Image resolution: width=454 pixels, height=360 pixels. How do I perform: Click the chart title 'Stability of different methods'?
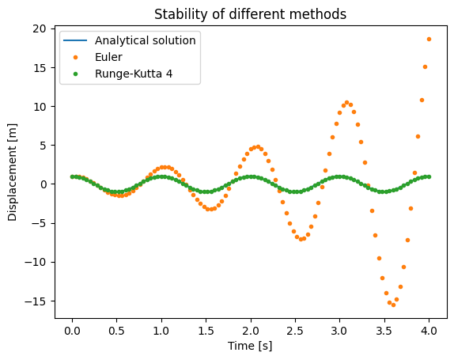pyautogui.click(x=250, y=14)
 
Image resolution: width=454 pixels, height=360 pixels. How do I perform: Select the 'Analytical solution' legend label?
pyautogui.click(x=146, y=40)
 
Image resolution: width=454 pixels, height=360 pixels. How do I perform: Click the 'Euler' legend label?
pyautogui.click(x=108, y=57)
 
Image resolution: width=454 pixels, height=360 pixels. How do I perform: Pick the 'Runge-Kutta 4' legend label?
pyautogui.click(x=134, y=74)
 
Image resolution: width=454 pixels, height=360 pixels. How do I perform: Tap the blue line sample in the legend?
pyautogui.click(x=75, y=40)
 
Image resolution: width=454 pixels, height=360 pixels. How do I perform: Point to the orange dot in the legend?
pyautogui.click(x=76, y=57)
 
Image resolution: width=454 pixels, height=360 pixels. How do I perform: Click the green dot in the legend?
pyautogui.click(x=76, y=74)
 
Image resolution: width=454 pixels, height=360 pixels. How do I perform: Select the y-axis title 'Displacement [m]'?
pyautogui.click(x=12, y=172)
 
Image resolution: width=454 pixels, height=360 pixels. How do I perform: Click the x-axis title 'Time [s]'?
pyautogui.click(x=250, y=346)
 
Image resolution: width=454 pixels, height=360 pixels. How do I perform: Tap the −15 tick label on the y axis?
pyautogui.click(x=36, y=301)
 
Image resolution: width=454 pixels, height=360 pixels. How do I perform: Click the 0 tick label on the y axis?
pyautogui.click(x=44, y=184)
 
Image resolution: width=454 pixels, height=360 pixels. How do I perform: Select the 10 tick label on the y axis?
pyautogui.click(x=40, y=107)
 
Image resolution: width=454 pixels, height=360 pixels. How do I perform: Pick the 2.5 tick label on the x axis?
pyautogui.click(x=295, y=331)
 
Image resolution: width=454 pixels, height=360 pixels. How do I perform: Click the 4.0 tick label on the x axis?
pyautogui.click(x=429, y=331)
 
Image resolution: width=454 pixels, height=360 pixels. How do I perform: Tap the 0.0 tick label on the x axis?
pyautogui.click(x=72, y=331)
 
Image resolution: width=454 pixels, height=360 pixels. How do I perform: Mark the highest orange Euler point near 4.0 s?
pyautogui.click(x=429, y=39)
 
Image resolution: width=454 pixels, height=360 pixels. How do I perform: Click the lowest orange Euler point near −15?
pyautogui.click(x=393, y=305)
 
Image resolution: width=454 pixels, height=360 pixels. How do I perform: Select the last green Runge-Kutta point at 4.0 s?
pyautogui.click(x=429, y=176)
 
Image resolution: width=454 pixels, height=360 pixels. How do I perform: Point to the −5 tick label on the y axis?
pyautogui.click(x=39, y=223)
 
